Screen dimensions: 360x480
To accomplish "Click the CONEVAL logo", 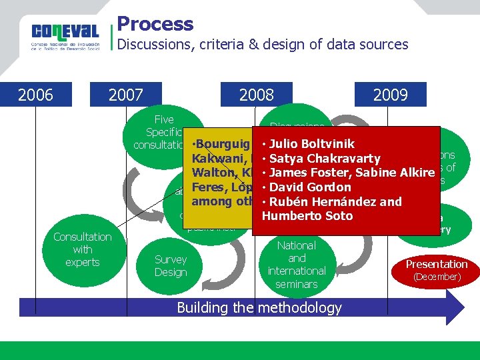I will coord(65,35).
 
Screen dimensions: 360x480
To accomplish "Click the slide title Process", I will coord(155,24).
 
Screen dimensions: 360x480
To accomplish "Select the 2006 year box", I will coord(35,95).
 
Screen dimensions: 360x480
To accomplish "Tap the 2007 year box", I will coord(125,95).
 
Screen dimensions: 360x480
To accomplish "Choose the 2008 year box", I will coord(257,95).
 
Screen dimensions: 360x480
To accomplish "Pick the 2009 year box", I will coord(391,95).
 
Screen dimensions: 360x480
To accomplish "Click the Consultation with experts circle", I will coord(83,249).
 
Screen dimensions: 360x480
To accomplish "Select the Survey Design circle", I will coord(171,266).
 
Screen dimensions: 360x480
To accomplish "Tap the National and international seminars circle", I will coord(297,265).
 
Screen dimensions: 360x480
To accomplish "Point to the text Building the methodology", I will coord(259,307).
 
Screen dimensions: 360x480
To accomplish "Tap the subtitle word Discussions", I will coord(155,45).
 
